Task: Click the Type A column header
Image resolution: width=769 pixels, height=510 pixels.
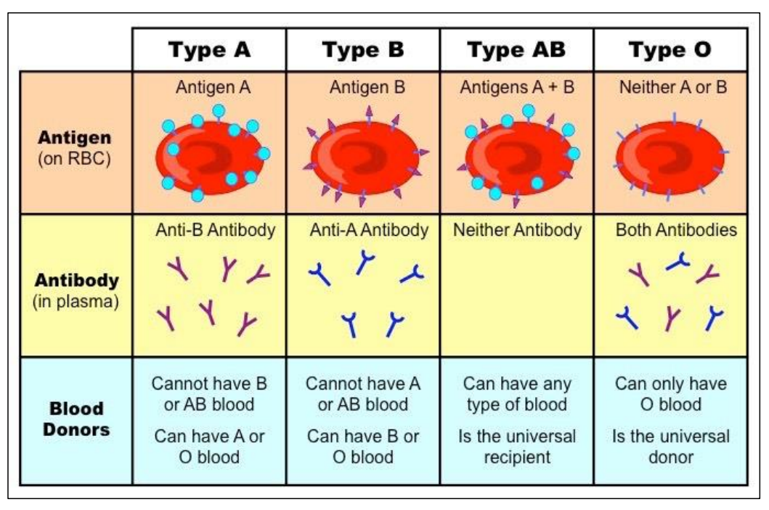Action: (x=209, y=50)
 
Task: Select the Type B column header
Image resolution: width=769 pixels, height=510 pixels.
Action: (x=363, y=50)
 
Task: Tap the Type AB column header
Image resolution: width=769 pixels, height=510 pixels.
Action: (x=516, y=50)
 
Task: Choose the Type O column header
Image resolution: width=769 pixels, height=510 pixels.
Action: (x=670, y=50)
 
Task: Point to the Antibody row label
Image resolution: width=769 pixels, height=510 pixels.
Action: (x=75, y=289)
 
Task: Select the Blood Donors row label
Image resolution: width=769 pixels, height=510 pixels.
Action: (x=76, y=419)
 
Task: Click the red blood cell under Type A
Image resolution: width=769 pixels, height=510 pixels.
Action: (x=211, y=156)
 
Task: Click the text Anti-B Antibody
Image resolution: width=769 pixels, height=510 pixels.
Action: (x=215, y=231)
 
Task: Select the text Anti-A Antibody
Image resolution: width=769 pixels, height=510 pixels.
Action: (x=369, y=231)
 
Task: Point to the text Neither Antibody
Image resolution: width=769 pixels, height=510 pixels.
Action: (x=517, y=231)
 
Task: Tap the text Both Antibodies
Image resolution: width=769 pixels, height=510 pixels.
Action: (x=676, y=231)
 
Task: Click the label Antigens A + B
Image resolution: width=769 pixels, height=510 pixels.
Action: (x=517, y=88)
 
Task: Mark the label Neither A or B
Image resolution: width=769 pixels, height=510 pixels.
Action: (x=671, y=88)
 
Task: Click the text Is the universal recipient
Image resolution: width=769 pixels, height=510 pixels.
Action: (x=517, y=447)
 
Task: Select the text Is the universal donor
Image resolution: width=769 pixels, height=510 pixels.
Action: (x=670, y=447)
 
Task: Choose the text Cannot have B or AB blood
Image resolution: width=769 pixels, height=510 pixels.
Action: (x=209, y=394)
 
